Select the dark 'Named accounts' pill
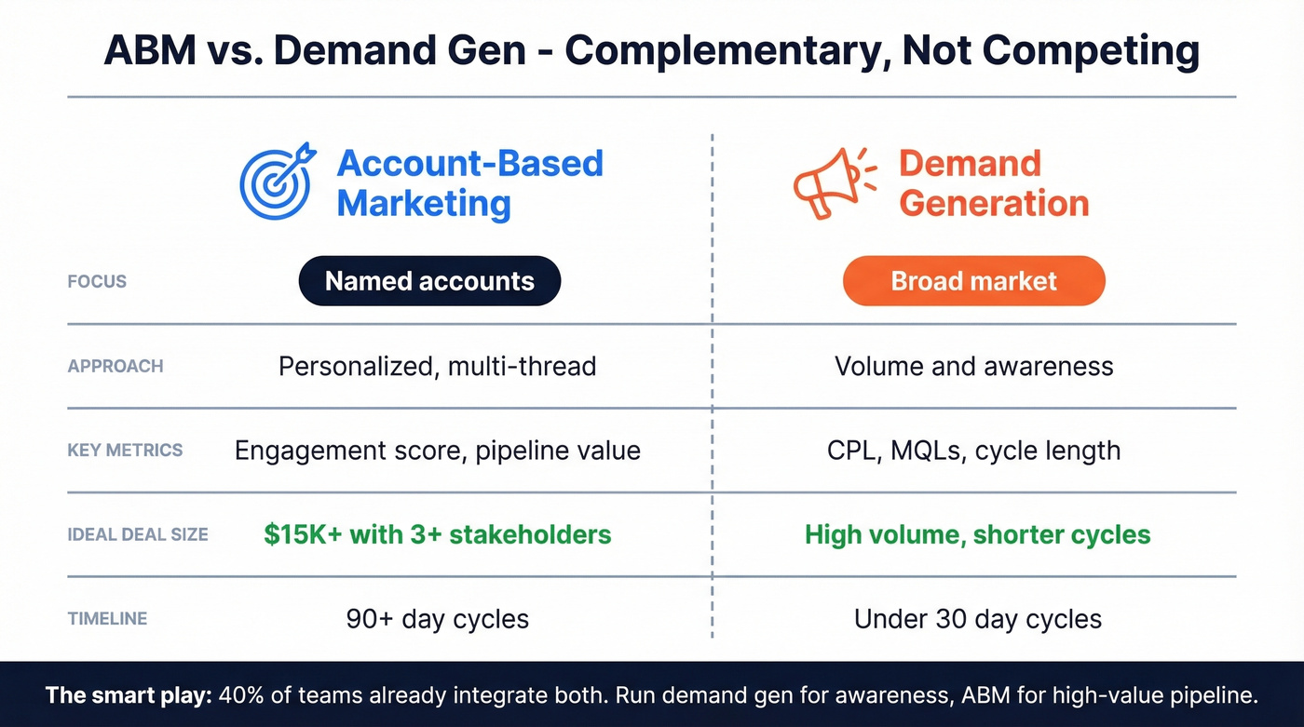tap(429, 281)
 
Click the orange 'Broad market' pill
tap(973, 281)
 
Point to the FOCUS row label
tap(97, 281)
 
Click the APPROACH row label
tap(115, 366)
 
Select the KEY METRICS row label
tap(125, 451)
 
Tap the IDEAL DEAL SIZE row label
tap(138, 535)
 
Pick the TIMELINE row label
tap(107, 619)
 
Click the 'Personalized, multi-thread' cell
tap(437, 366)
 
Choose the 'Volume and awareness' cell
tap(973, 366)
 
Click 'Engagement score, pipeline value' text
tap(437, 451)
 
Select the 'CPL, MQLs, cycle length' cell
tap(973, 451)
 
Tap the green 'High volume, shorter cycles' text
tap(977, 535)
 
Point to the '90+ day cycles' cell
tap(437, 619)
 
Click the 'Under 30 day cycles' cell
tap(977, 619)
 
